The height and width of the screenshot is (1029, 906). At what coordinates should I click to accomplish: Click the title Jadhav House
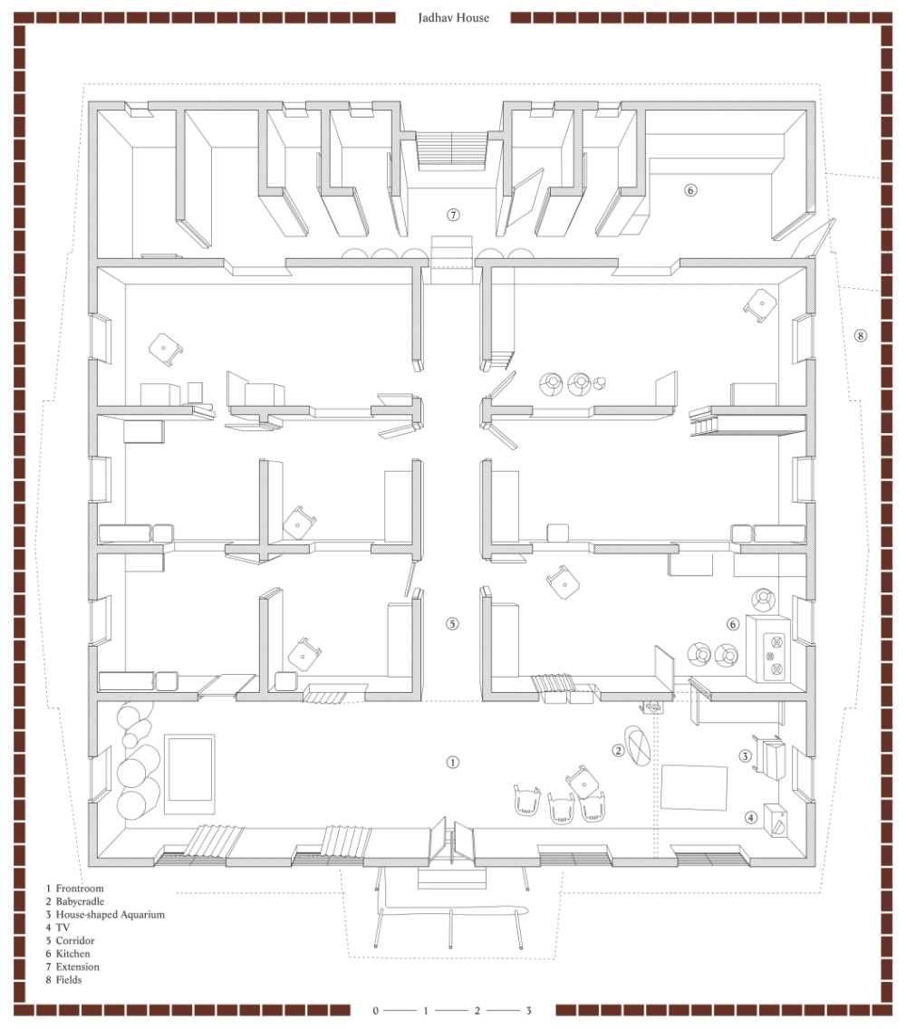454,18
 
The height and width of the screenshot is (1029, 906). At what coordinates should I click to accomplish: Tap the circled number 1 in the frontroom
452,763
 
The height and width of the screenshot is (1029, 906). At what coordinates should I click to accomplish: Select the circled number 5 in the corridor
452,623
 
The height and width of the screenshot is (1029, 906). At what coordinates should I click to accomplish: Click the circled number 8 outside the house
860,335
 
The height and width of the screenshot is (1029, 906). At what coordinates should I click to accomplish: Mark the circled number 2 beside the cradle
618,750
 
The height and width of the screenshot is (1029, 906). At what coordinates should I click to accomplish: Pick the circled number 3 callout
745,756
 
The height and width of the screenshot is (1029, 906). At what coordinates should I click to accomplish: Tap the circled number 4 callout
751,818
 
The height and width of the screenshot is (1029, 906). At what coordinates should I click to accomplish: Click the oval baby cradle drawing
637,745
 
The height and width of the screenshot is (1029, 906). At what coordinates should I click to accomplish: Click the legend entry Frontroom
75,889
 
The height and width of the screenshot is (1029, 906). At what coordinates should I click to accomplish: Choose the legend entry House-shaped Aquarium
105,915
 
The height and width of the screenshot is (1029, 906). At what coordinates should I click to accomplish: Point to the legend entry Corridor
71,941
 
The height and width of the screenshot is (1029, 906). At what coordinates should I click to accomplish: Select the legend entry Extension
72,967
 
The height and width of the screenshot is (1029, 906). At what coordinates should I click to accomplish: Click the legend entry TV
58,928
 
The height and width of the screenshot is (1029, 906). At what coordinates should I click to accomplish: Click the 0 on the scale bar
375,1011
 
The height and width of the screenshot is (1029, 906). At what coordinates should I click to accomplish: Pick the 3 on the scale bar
528,1011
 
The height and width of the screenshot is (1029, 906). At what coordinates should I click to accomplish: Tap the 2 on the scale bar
477,1011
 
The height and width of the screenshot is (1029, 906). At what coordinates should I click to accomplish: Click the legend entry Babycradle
75,901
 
